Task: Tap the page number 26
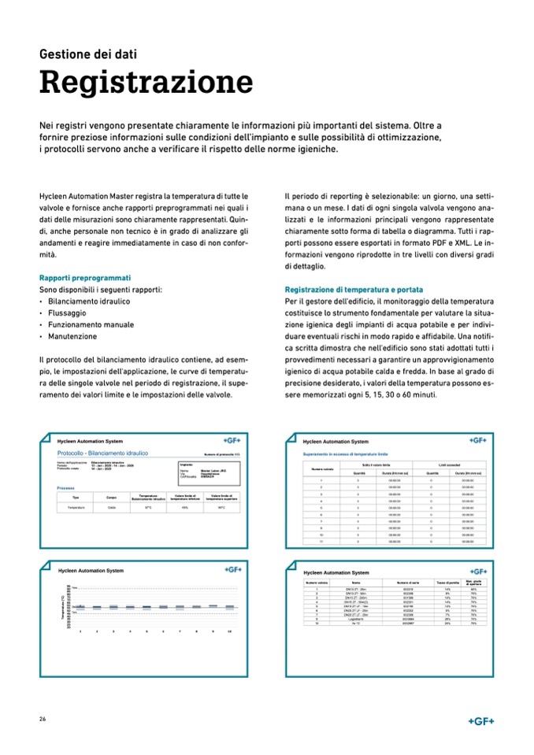[x=43, y=720]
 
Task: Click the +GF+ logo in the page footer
[x=480, y=720]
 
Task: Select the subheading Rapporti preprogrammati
[x=85, y=278]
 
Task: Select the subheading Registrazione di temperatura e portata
[x=362, y=289]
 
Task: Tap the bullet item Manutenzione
[x=73, y=336]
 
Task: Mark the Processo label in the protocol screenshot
[x=66, y=488]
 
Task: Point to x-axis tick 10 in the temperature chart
[x=228, y=632]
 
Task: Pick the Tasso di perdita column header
[x=447, y=583]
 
